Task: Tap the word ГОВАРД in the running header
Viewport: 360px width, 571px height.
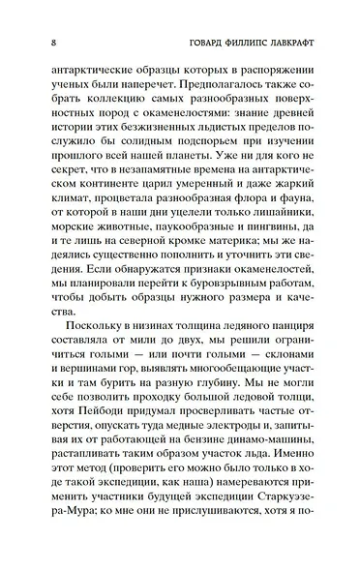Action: [x=190, y=43]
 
